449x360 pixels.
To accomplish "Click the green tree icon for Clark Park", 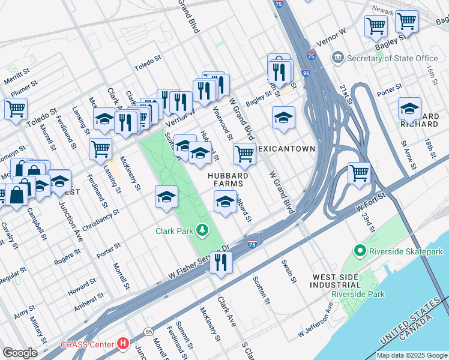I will coord(203,230).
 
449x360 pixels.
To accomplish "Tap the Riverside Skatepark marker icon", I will coord(360,251).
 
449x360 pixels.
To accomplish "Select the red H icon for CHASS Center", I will coord(123,344).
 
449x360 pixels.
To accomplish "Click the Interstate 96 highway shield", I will coord(306,73).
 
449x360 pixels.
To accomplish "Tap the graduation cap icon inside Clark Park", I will coord(166,196).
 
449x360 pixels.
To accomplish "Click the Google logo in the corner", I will coord(20,353).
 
